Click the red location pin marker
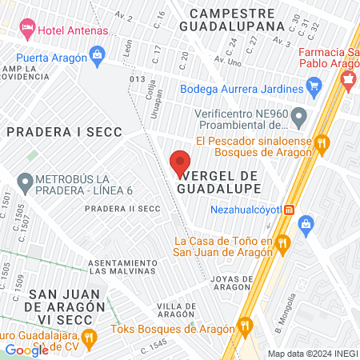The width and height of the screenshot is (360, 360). point(180,163)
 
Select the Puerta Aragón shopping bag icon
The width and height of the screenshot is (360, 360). point(98,55)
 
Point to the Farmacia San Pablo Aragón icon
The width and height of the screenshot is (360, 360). point(348,79)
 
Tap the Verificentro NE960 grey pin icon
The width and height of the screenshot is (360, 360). point(299,118)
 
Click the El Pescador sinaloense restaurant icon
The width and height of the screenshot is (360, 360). point(322,143)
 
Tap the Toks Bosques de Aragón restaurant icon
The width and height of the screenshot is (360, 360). point(245,326)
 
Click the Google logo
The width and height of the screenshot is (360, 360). point(26,350)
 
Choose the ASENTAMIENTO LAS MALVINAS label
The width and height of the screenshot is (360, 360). point(121,266)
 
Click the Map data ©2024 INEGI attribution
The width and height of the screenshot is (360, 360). point(311,354)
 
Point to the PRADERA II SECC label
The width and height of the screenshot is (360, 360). point(123,209)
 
